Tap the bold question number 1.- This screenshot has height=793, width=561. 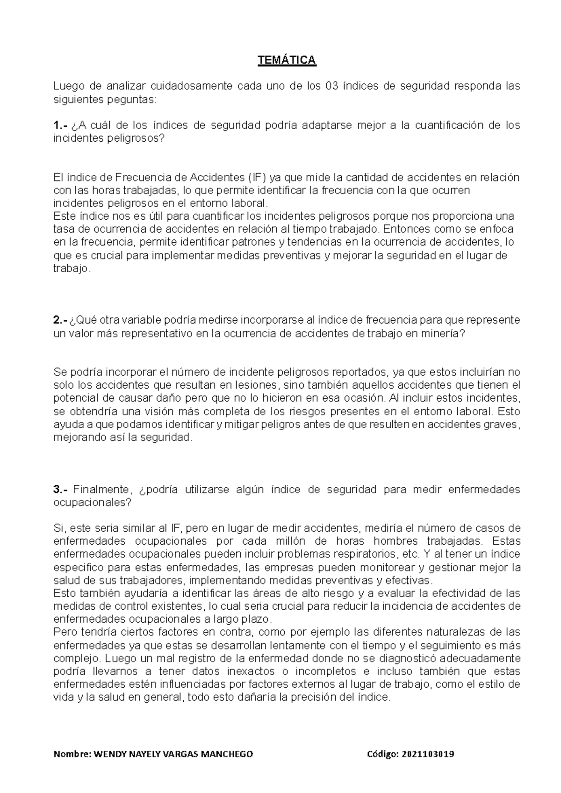[61, 125]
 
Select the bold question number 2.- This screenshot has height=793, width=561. [61, 320]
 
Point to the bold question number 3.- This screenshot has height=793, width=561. [61, 490]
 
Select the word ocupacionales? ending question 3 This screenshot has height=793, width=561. [93, 503]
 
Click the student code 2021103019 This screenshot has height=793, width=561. [428, 755]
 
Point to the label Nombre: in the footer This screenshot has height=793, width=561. [73, 755]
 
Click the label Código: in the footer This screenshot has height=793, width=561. [384, 755]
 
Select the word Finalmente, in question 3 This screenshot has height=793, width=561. [102, 490]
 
